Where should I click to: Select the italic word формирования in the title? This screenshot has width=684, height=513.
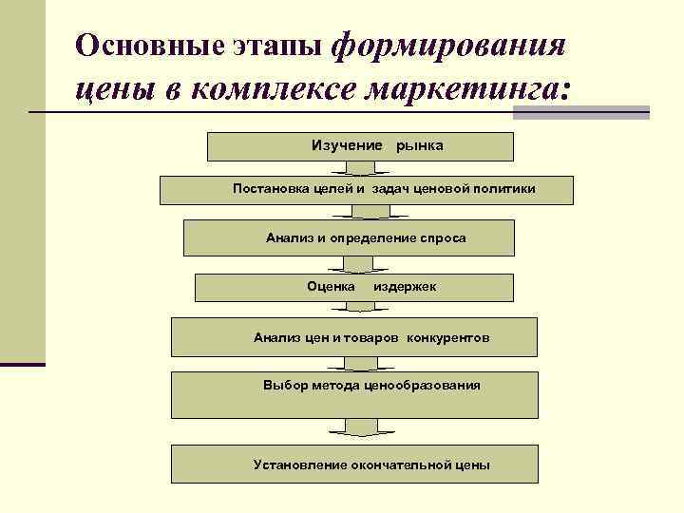[452, 45]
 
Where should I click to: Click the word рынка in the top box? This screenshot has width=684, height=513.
[419, 145]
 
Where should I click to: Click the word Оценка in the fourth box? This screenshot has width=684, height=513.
[332, 286]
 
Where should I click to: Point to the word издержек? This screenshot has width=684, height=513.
[406, 286]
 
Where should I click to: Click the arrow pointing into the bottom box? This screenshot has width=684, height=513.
[357, 428]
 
